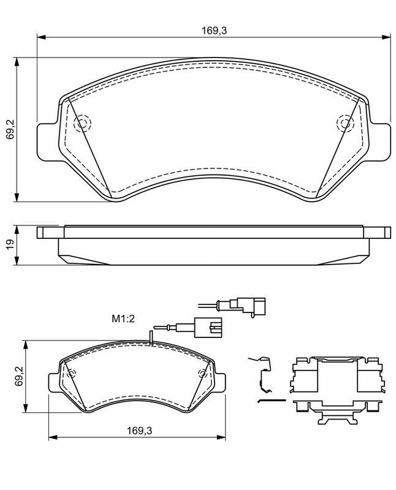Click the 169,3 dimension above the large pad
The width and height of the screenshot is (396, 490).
[x=214, y=31]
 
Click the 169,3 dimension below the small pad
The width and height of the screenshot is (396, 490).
[x=139, y=431]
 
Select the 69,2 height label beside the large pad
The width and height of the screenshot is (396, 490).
[x=10, y=129]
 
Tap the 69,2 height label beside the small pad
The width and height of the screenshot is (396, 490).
[x=21, y=376]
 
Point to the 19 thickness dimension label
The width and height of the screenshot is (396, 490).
[x=10, y=244]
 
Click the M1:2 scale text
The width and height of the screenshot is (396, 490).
[x=123, y=318]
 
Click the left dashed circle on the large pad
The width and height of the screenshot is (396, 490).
[x=82, y=123]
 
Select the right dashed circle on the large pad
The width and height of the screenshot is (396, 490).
[x=345, y=123]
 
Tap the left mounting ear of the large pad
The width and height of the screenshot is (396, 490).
[x=48, y=142]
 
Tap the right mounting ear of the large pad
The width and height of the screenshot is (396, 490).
[x=380, y=142]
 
